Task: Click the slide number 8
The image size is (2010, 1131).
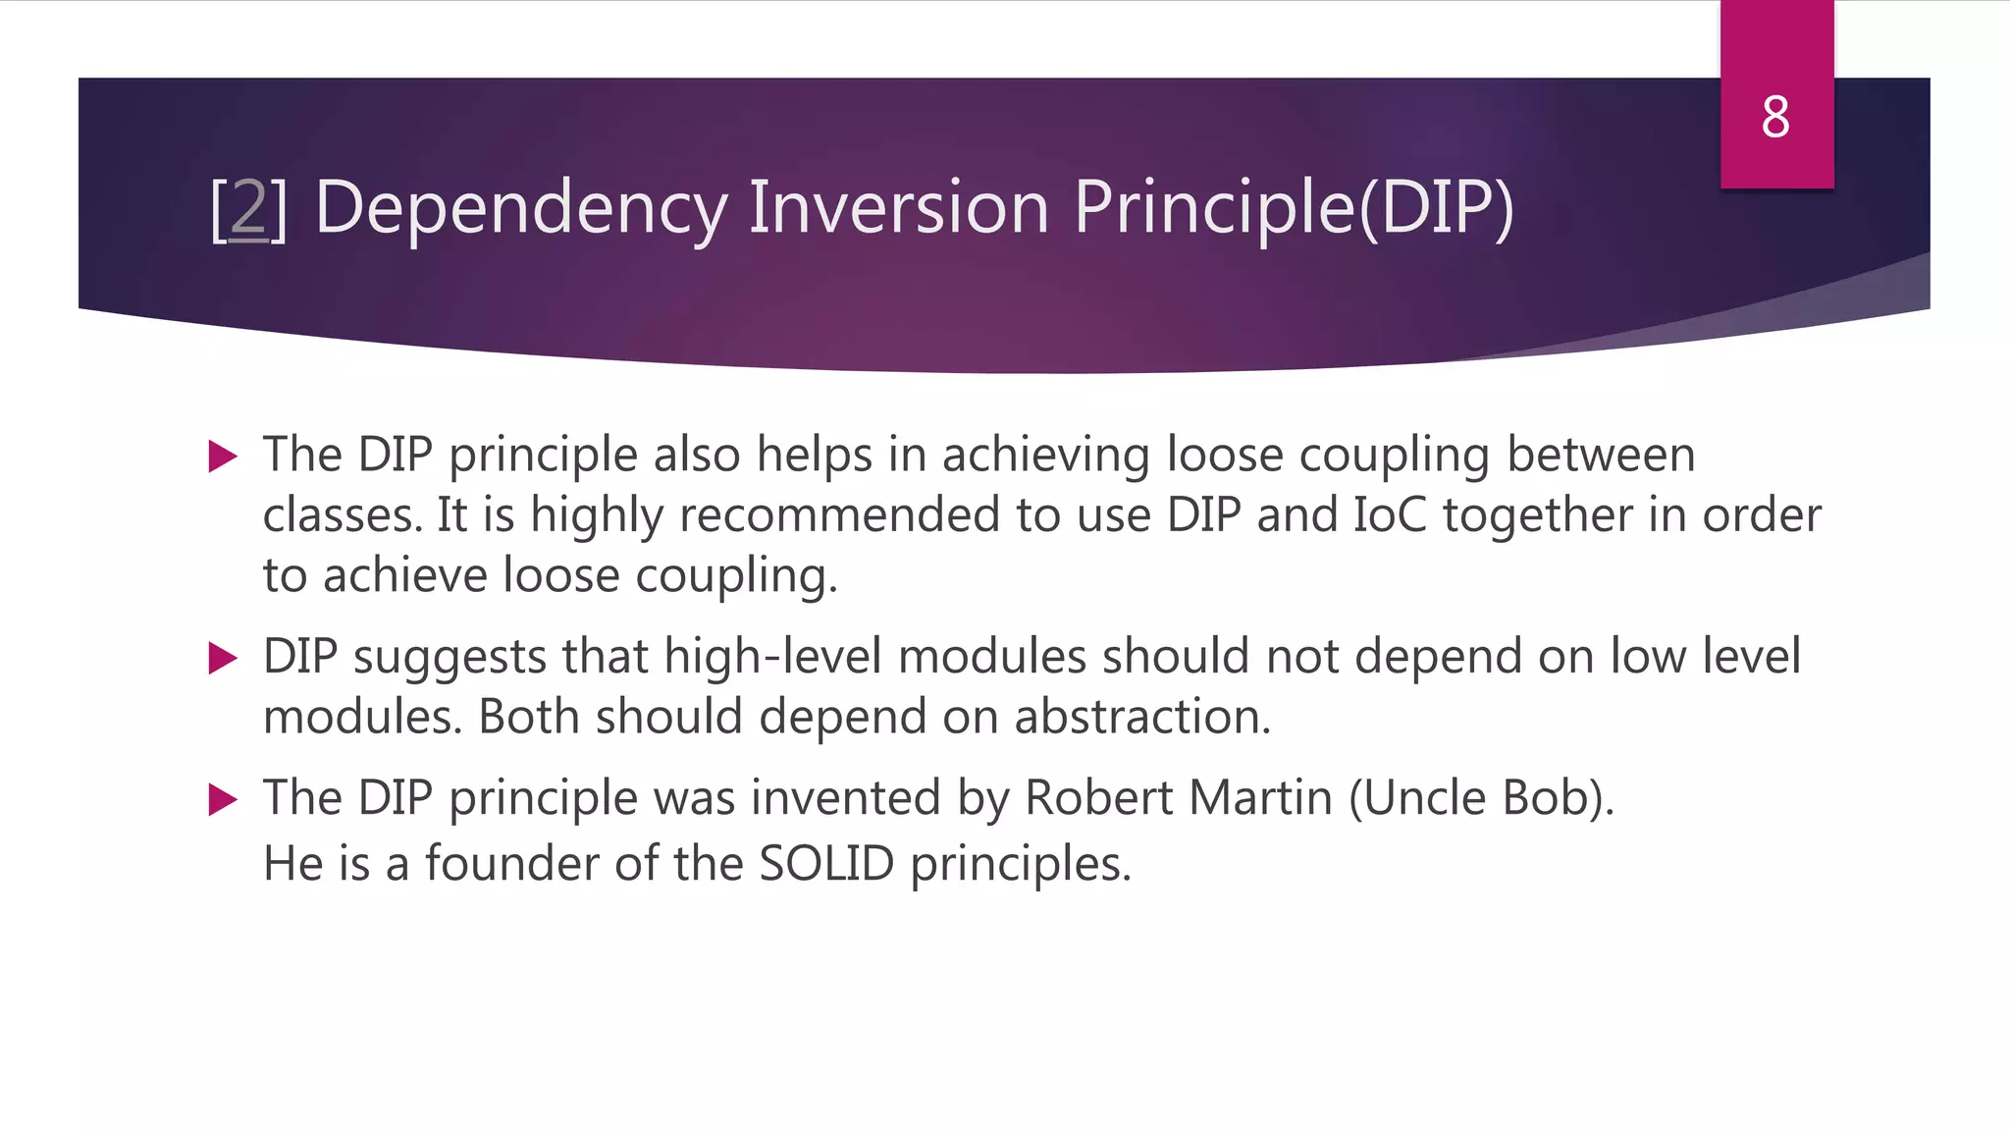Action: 1774,118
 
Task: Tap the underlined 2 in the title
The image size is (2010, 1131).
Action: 248,208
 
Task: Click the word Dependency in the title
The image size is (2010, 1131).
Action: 520,208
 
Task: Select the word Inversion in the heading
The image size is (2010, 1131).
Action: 898,208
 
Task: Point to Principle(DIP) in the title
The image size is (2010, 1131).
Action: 1294,208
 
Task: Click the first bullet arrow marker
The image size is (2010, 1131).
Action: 224,457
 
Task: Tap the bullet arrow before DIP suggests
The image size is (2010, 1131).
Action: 224,658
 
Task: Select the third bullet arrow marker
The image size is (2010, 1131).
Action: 224,799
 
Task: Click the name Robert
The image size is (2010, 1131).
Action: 1098,798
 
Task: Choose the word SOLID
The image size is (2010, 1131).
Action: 826,865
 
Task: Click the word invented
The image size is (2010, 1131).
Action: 846,798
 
